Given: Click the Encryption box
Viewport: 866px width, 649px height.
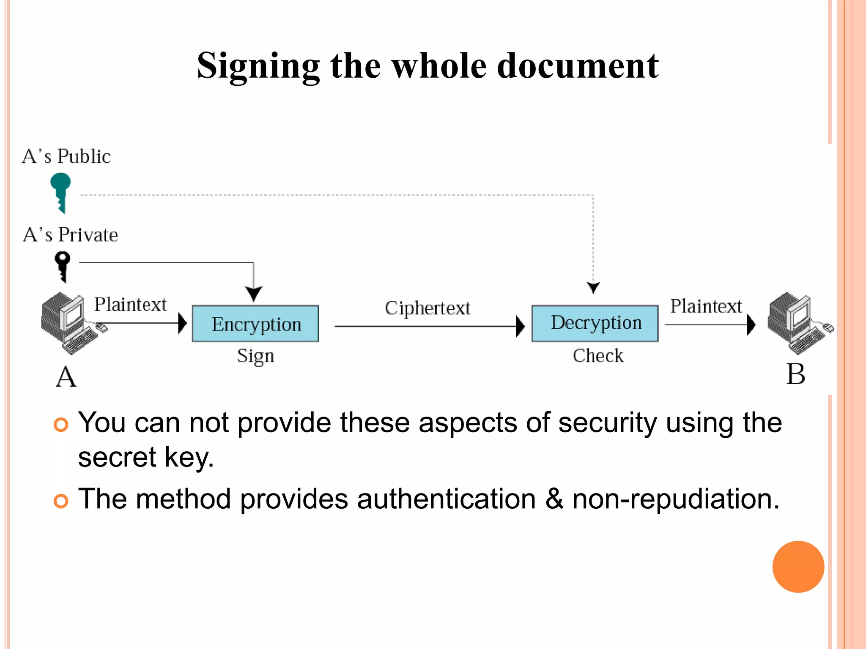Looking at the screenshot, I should coord(255,324).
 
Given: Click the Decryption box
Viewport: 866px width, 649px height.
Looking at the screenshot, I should coord(595,323).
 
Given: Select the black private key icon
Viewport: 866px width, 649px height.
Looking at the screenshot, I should coord(63,266).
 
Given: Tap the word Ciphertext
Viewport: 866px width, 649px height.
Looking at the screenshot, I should coord(427,308).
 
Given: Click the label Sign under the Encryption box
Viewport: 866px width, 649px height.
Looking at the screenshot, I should coord(255,356).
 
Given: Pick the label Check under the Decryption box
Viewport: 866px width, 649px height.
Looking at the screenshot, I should coord(598,356).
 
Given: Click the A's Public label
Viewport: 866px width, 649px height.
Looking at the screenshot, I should coord(66,156).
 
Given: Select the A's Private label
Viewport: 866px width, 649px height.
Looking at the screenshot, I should coord(70,235).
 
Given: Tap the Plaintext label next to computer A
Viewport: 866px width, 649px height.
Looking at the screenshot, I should coord(130,305).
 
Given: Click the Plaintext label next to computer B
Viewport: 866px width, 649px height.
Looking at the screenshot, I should coord(706,306).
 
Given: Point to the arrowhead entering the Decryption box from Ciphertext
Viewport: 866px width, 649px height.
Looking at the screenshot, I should coord(521,327).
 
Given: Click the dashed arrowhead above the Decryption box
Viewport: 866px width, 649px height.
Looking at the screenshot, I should coord(594,287).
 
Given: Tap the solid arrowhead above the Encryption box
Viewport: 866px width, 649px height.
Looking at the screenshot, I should coord(254,293).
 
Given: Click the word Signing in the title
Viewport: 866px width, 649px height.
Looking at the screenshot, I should coord(258,66).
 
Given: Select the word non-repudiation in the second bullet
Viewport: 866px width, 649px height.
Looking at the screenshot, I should coord(675,499).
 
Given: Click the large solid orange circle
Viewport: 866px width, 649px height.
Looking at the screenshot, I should coord(798,567).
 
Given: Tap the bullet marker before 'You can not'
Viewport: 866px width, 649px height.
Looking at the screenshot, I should coord(61,424).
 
